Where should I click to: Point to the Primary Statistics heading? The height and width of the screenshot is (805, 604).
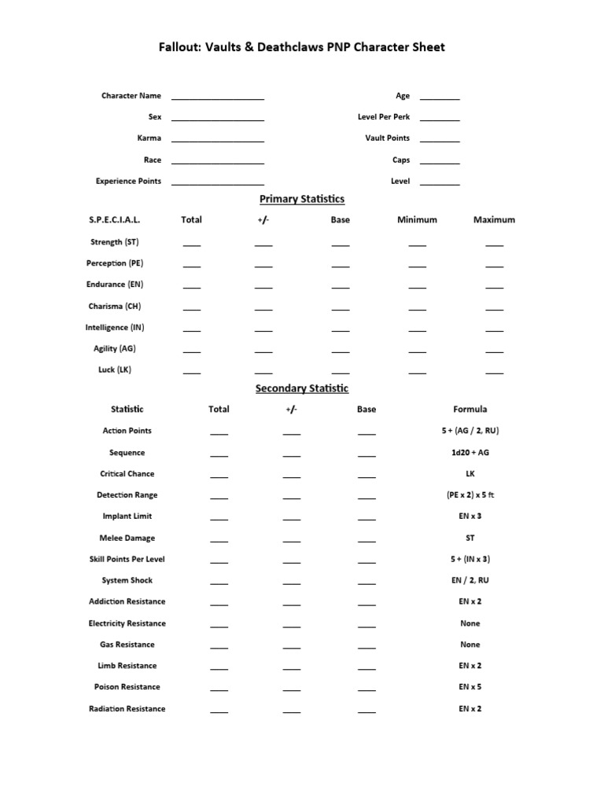click(302, 199)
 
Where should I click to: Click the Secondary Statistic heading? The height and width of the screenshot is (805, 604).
click(302, 388)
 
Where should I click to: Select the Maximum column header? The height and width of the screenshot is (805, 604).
click(494, 220)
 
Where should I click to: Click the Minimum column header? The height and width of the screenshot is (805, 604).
click(417, 220)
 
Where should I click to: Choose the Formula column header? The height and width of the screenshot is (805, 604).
click(470, 410)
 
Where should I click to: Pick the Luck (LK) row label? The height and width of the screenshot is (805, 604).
click(115, 369)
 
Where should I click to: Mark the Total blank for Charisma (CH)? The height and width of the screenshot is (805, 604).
click(192, 309)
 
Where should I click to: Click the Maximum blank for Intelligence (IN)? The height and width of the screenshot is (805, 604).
click(494, 330)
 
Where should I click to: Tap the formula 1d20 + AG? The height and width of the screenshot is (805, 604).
click(470, 453)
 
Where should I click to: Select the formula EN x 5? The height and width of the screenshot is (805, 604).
click(470, 687)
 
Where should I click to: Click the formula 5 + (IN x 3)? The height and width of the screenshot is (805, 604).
click(470, 559)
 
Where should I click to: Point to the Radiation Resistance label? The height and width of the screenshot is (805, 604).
click(127, 709)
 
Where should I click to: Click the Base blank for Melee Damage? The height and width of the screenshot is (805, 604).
click(366, 541)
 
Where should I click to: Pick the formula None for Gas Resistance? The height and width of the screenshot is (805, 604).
click(470, 645)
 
